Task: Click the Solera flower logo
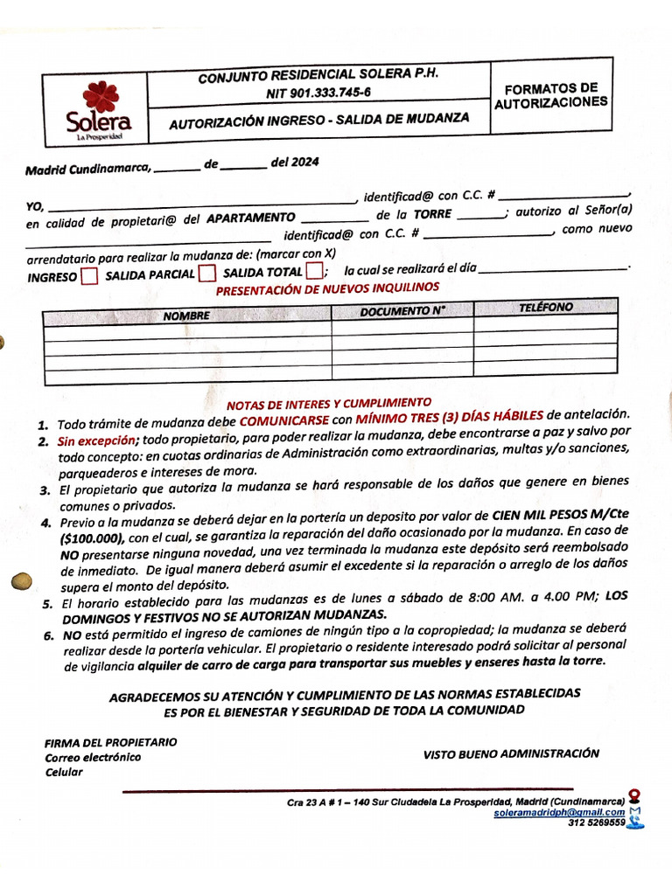100,97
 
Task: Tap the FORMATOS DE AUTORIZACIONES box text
550,95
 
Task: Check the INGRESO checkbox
88,277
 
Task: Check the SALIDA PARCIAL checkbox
206,274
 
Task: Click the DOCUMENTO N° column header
402,311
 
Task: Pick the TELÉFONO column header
545,307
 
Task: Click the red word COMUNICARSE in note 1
285,420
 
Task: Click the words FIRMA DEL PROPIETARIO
110,742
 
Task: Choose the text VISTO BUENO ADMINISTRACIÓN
511,753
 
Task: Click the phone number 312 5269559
596,822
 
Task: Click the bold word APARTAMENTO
251,218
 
